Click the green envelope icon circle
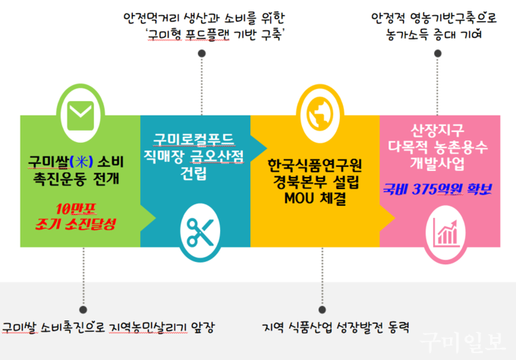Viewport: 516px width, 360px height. click(x=77, y=115)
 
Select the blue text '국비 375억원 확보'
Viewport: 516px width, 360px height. click(x=439, y=188)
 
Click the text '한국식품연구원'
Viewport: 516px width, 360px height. click(x=318, y=164)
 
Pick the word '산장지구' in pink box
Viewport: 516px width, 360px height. click(x=439, y=128)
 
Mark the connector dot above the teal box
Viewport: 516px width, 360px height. click(x=201, y=53)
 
